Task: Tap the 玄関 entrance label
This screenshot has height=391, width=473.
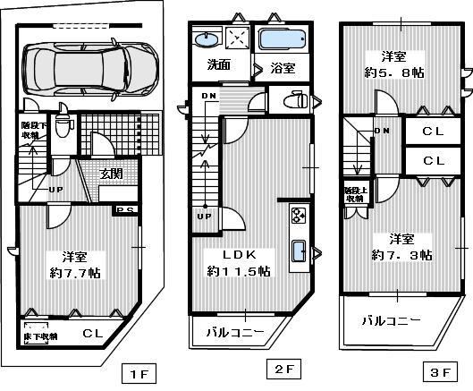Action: (x=111, y=174)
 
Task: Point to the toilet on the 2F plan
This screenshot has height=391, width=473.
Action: (x=286, y=99)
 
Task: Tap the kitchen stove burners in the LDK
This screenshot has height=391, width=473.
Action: (x=298, y=216)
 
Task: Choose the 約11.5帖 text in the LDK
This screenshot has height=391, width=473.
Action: (x=239, y=270)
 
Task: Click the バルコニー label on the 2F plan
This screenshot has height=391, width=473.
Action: (x=234, y=333)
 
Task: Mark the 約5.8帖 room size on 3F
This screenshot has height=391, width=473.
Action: (x=393, y=73)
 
